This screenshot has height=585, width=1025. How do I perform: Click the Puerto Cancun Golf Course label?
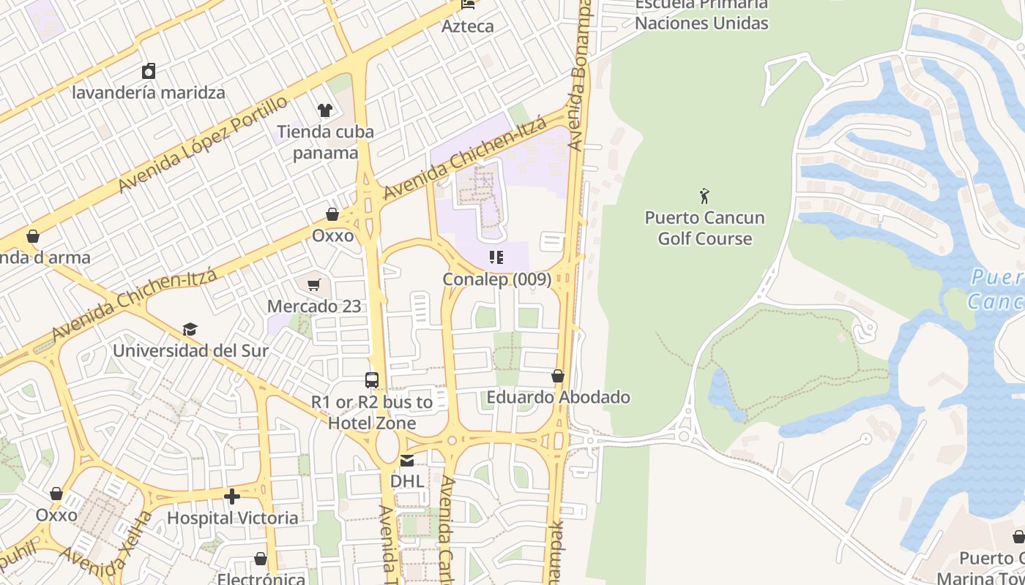click(x=704, y=228)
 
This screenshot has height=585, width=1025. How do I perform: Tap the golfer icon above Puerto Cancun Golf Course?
click(x=704, y=196)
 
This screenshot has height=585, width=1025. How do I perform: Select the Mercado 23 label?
click(x=314, y=306)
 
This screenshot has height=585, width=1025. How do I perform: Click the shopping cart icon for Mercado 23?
click(x=314, y=284)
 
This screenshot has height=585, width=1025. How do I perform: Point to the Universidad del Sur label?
click(x=190, y=350)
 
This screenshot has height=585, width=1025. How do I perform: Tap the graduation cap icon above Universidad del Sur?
click(x=190, y=329)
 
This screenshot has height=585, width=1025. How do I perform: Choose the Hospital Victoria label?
click(x=232, y=518)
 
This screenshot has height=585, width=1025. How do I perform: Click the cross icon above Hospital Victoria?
click(x=232, y=497)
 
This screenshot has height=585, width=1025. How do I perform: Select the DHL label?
click(x=407, y=481)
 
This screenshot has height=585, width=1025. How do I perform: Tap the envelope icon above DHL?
click(x=407, y=460)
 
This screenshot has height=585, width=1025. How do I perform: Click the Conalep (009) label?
click(x=497, y=279)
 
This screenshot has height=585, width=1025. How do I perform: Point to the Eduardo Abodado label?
click(x=559, y=397)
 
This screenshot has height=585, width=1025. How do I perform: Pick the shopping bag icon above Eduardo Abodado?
click(x=558, y=376)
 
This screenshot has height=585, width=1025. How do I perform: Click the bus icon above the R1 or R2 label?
click(x=372, y=380)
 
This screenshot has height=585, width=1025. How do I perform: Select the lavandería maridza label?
click(x=149, y=93)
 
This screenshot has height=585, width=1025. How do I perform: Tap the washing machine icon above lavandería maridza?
click(x=149, y=71)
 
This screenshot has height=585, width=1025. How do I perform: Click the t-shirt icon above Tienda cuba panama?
click(x=325, y=110)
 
